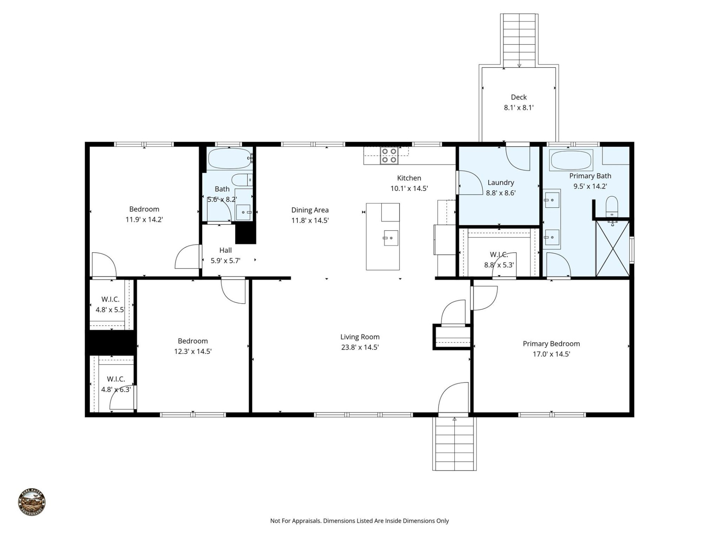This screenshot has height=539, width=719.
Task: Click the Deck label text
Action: (518, 97)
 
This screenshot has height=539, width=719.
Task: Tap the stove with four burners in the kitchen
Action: (389, 156)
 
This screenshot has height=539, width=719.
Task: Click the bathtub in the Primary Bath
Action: (571, 160)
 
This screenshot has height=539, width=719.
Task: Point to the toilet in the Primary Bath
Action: (612, 205)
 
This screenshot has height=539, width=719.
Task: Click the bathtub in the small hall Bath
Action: (229, 159)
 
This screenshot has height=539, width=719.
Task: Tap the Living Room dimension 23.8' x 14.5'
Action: (359, 347)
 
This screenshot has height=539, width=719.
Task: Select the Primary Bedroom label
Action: (551, 344)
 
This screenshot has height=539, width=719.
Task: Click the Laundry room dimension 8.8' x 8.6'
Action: (500, 193)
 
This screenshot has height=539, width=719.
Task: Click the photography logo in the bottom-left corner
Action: (32, 502)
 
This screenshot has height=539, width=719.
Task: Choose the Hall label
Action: (225, 250)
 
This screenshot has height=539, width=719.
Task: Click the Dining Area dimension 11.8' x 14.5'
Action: (310, 220)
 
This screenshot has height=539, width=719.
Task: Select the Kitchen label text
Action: (409, 178)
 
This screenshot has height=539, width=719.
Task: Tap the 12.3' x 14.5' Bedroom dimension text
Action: (192, 351)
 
